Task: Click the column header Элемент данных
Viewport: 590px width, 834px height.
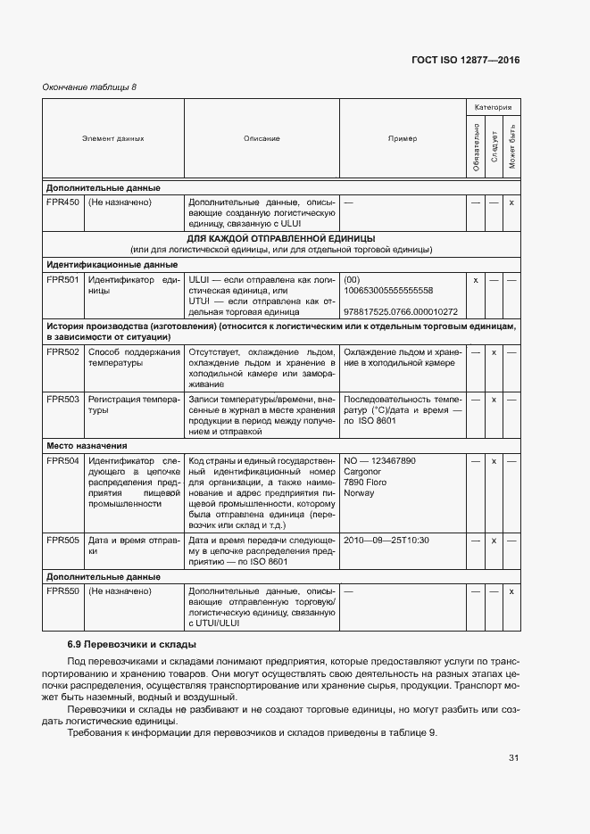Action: click(113, 138)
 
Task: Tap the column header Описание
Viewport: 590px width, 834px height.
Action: click(262, 138)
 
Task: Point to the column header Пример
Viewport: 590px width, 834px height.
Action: click(403, 138)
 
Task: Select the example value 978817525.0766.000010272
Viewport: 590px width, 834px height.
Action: click(400, 312)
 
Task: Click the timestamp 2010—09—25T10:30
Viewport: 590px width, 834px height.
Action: click(386, 541)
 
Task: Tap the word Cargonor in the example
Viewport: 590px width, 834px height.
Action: click(362, 472)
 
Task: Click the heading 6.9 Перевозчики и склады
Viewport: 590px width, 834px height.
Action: click(132, 644)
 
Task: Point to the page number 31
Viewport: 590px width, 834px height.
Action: click(513, 758)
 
